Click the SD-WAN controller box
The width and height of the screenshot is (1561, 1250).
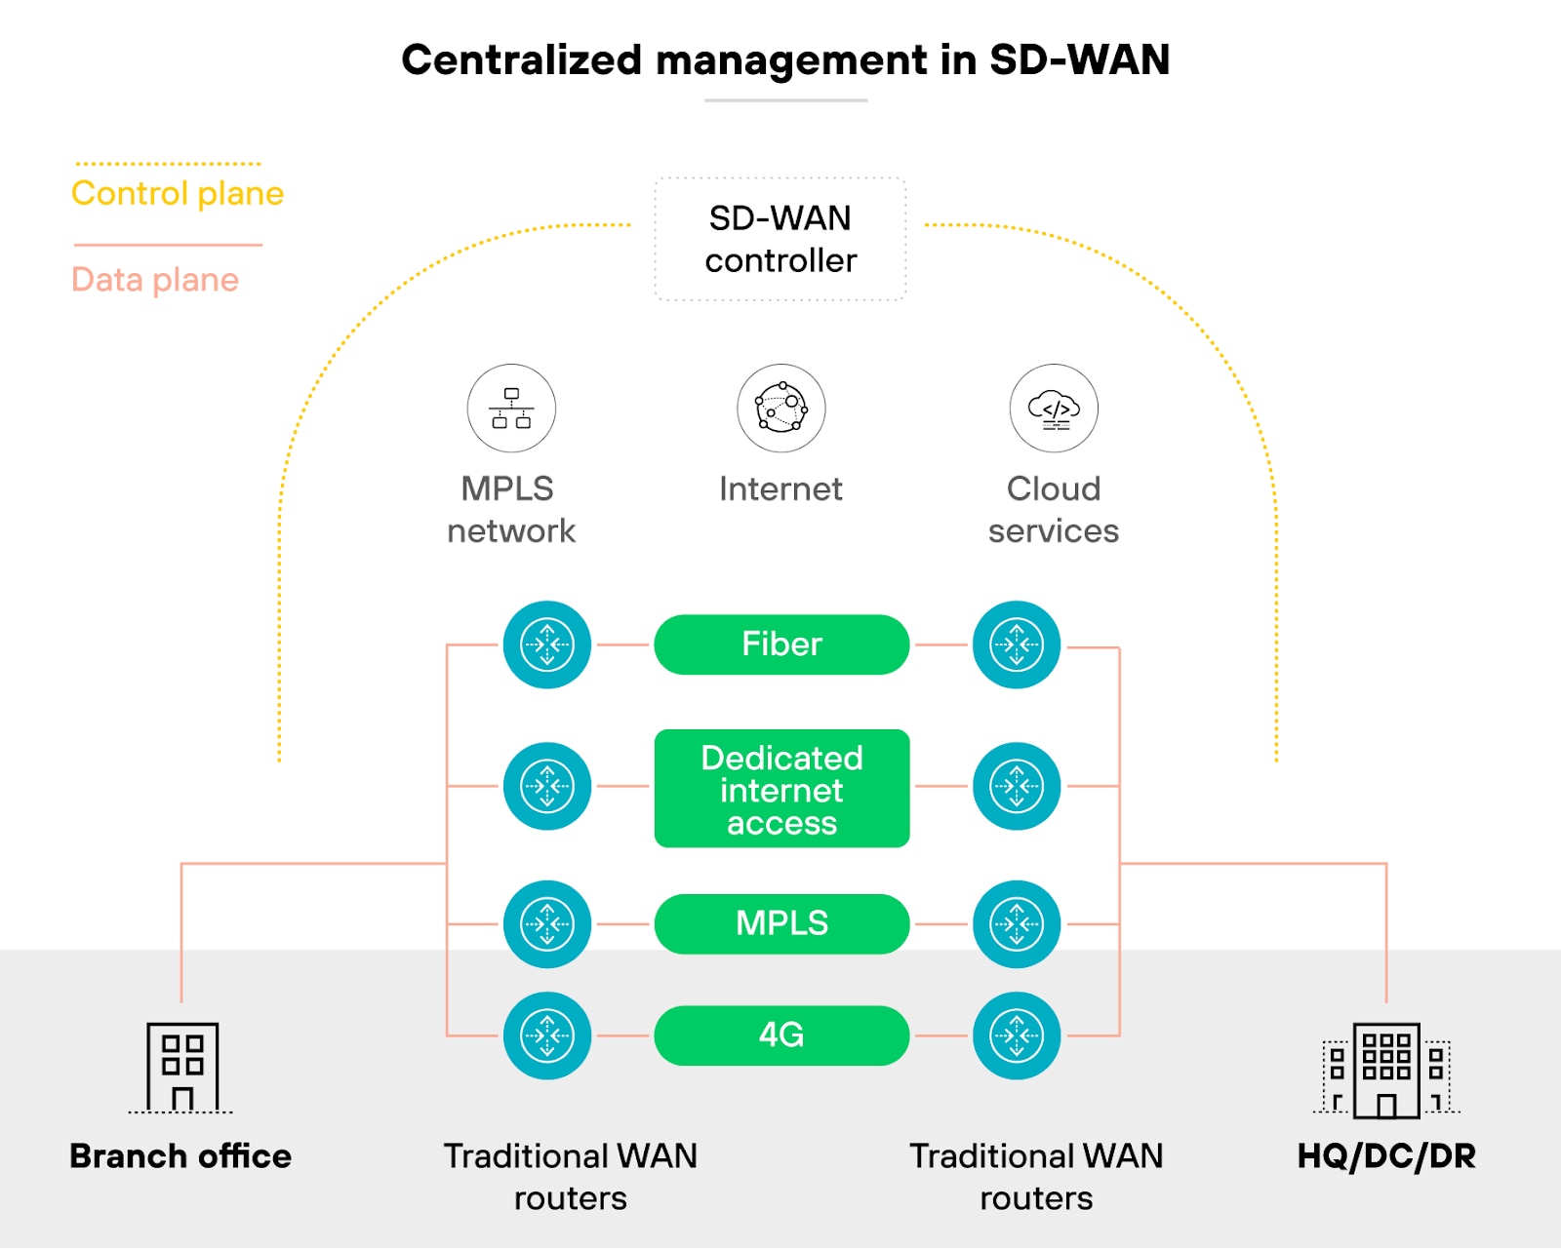pyautogui.click(x=780, y=239)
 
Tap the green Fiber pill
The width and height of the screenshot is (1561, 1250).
pyautogui.click(x=781, y=645)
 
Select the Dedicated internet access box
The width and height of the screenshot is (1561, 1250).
pyautogui.click(x=781, y=789)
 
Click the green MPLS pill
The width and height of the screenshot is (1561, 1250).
pyautogui.click(x=781, y=923)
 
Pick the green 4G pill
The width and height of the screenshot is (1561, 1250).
pyautogui.click(x=781, y=1035)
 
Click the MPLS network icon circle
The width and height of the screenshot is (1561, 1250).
pyautogui.click(x=511, y=409)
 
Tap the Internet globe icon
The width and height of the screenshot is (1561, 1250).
pyautogui.click(x=780, y=409)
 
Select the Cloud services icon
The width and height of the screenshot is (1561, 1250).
pyautogui.click(x=1054, y=409)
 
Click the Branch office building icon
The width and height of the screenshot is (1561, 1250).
pyautogui.click(x=181, y=1067)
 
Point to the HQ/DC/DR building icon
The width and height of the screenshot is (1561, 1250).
pyautogui.click(x=1386, y=1070)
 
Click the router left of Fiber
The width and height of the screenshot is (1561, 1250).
pyautogui.click(x=547, y=645)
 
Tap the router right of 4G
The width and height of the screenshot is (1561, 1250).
pyautogui.click(x=1017, y=1035)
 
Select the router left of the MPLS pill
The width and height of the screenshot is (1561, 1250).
pyautogui.click(x=547, y=924)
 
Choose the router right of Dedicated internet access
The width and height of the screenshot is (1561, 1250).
pyautogui.click(x=1017, y=786)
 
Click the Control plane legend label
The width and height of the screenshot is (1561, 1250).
pyautogui.click(x=178, y=193)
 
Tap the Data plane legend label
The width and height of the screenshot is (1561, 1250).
pyautogui.click(x=155, y=280)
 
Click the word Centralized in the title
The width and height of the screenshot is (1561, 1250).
pyautogui.click(x=522, y=60)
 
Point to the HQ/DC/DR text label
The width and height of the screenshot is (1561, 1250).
pyautogui.click(x=1386, y=1156)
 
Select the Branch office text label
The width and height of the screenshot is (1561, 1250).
pyautogui.click(x=180, y=1156)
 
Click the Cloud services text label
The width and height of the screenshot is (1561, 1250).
pyautogui.click(x=1054, y=510)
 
